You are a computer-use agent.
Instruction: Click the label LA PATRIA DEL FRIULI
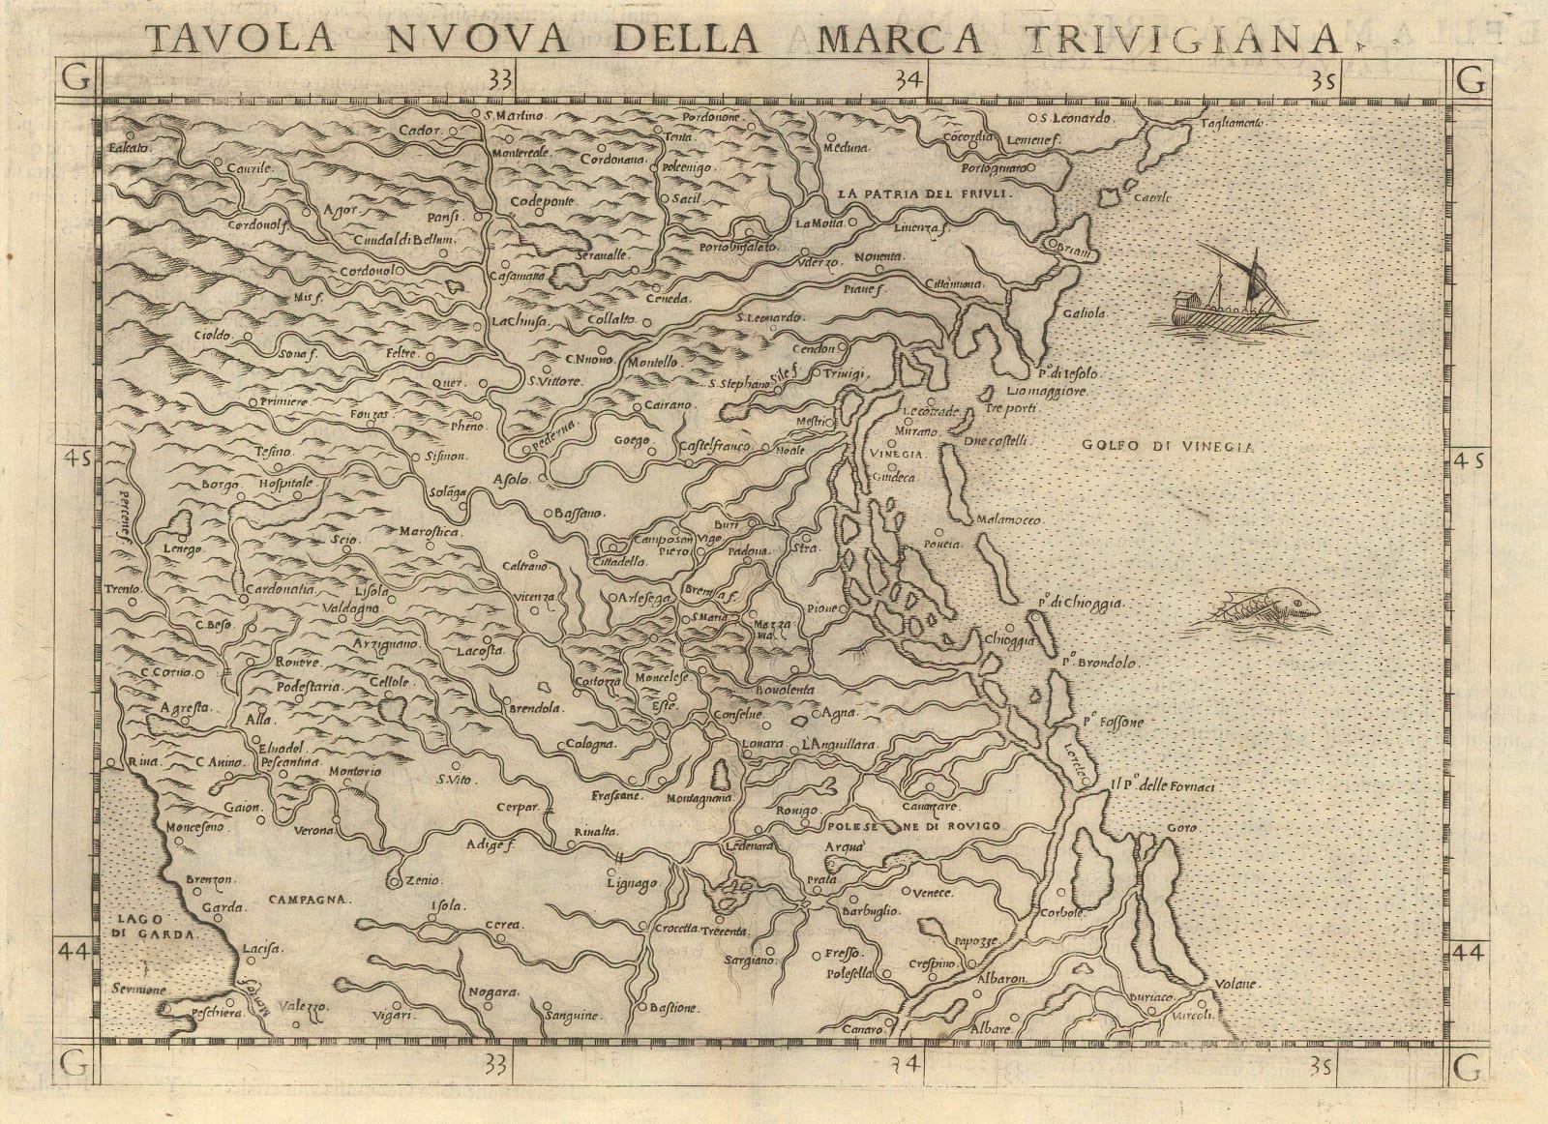[x=925, y=193]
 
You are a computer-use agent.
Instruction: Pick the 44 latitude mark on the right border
[x=1468, y=953]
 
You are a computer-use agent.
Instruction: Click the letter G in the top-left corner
[x=74, y=80]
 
